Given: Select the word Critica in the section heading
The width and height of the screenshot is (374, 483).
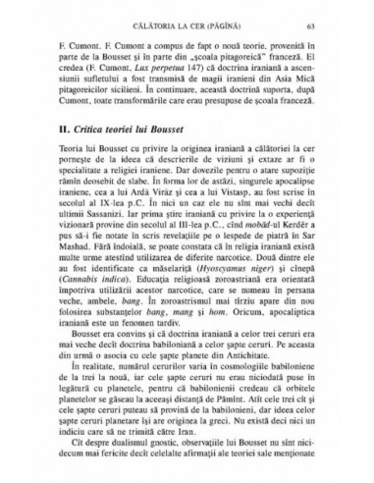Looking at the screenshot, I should tap(95, 158).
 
